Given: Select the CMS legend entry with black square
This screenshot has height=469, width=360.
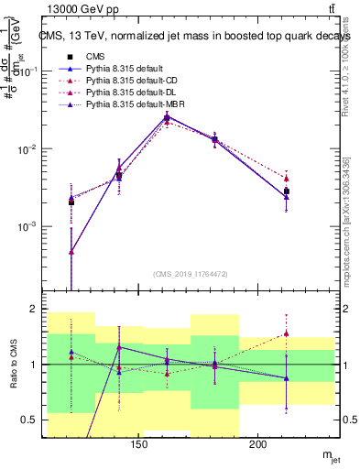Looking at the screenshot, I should point(110,57).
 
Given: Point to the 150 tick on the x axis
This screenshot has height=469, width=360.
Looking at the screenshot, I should point(139,445).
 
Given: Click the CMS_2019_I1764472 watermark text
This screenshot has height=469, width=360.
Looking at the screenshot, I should point(190,275).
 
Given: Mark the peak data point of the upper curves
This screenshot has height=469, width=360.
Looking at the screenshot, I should point(167,117).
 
